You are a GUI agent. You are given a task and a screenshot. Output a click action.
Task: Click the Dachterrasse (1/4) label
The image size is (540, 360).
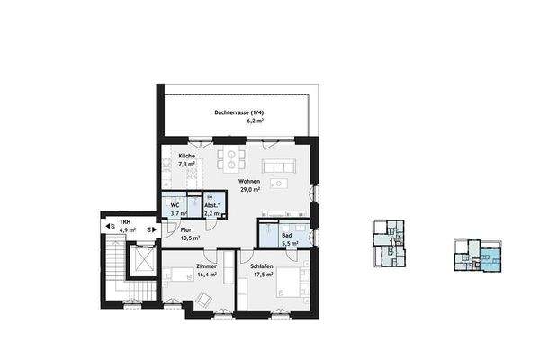238,112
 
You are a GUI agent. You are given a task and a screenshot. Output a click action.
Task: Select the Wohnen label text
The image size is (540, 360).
249,181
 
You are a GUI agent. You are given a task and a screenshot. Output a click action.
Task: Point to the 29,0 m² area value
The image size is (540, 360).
249,190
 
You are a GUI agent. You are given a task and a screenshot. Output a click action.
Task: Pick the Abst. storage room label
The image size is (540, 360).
211,205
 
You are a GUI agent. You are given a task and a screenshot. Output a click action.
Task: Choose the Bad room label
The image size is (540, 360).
286,234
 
